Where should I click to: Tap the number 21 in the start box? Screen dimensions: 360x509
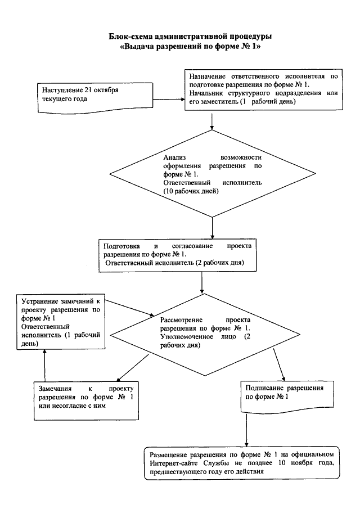click(x=88, y=90)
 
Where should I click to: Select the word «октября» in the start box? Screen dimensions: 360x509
click(x=106, y=90)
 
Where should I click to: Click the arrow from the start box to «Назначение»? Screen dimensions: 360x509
click(x=169, y=99)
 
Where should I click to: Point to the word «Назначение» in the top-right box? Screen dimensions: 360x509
click(x=208, y=76)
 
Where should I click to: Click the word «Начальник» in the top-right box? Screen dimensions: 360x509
click(x=206, y=93)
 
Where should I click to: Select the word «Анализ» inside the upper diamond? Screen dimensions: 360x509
click(x=174, y=158)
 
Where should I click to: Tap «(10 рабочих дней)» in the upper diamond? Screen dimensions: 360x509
click(x=191, y=191)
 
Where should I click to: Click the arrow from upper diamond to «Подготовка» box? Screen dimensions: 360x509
click(x=212, y=228)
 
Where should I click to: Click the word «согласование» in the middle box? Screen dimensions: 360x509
click(x=192, y=246)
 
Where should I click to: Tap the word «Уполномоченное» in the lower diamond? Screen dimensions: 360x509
click(x=187, y=337)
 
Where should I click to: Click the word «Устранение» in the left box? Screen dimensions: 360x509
click(x=40, y=301)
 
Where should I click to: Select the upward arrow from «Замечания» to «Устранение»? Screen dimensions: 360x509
click(x=45, y=366)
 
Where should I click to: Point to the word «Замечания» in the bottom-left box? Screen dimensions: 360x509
click(x=55, y=389)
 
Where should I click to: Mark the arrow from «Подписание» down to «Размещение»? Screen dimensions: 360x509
click(x=246, y=430)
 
